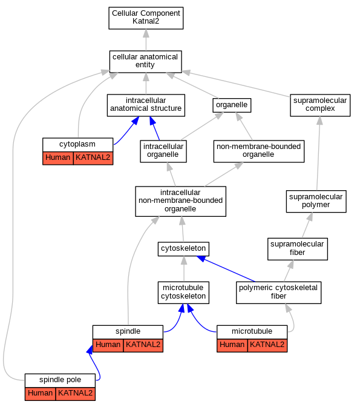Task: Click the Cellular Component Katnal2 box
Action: click(x=146, y=18)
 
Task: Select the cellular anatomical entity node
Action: click(x=145, y=62)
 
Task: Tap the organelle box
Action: click(x=232, y=105)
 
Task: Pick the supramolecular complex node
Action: click(x=320, y=105)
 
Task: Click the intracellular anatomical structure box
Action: click(x=146, y=105)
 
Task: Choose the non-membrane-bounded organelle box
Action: click(x=259, y=151)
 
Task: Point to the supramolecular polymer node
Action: click(x=316, y=202)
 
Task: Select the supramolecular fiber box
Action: click(x=298, y=249)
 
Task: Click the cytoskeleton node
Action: click(x=183, y=249)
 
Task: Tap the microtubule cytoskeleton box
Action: click(x=183, y=293)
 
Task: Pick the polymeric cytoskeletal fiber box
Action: click(x=278, y=293)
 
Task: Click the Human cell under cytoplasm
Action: click(x=58, y=158)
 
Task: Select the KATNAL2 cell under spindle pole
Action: click(x=75, y=394)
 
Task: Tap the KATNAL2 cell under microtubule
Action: click(x=267, y=345)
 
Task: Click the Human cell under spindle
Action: click(x=108, y=345)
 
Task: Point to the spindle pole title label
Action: click(x=60, y=380)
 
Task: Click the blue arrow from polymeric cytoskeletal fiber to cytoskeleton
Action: click(x=226, y=269)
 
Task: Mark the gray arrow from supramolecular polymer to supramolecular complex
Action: click(x=318, y=153)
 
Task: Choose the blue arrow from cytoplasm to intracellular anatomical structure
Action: click(x=127, y=131)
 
